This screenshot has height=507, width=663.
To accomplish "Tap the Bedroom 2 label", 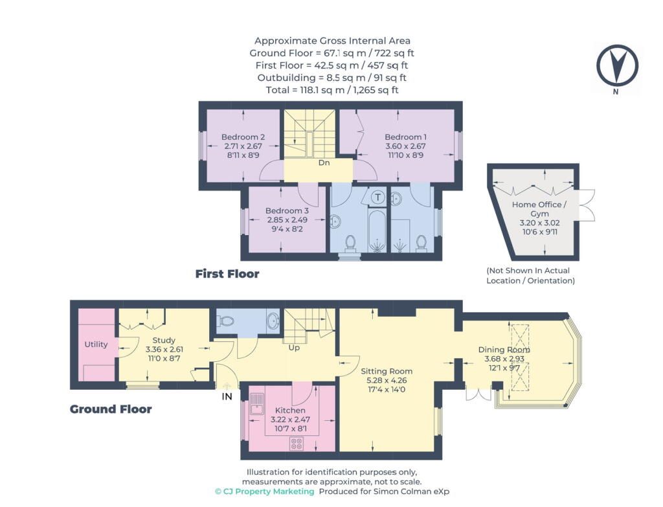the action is [x=243, y=137].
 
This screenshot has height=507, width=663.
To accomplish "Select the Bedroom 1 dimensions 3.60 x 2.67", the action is [x=405, y=146].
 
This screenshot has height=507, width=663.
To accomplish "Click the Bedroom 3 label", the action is [x=287, y=210].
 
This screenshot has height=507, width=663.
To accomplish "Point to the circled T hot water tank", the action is [x=378, y=197].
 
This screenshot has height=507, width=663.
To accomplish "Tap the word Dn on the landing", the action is [x=324, y=163].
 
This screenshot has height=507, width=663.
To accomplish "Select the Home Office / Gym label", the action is [x=539, y=209].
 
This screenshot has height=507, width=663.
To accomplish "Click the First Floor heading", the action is [x=227, y=274].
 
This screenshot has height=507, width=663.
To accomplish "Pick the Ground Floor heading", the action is [x=111, y=409].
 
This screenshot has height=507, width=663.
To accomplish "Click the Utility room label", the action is [x=96, y=344].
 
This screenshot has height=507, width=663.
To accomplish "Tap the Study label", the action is [x=164, y=340].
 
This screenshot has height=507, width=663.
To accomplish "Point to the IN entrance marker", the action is [x=227, y=397].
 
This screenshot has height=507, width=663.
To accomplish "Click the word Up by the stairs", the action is [x=294, y=348].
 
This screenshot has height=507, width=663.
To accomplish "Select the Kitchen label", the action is [x=290, y=410].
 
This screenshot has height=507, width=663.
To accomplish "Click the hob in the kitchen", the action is [x=297, y=444].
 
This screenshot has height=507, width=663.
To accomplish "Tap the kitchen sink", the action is [x=256, y=404].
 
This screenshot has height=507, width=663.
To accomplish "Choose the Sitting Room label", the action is [x=387, y=371].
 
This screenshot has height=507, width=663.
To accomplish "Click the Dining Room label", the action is [x=504, y=350].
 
